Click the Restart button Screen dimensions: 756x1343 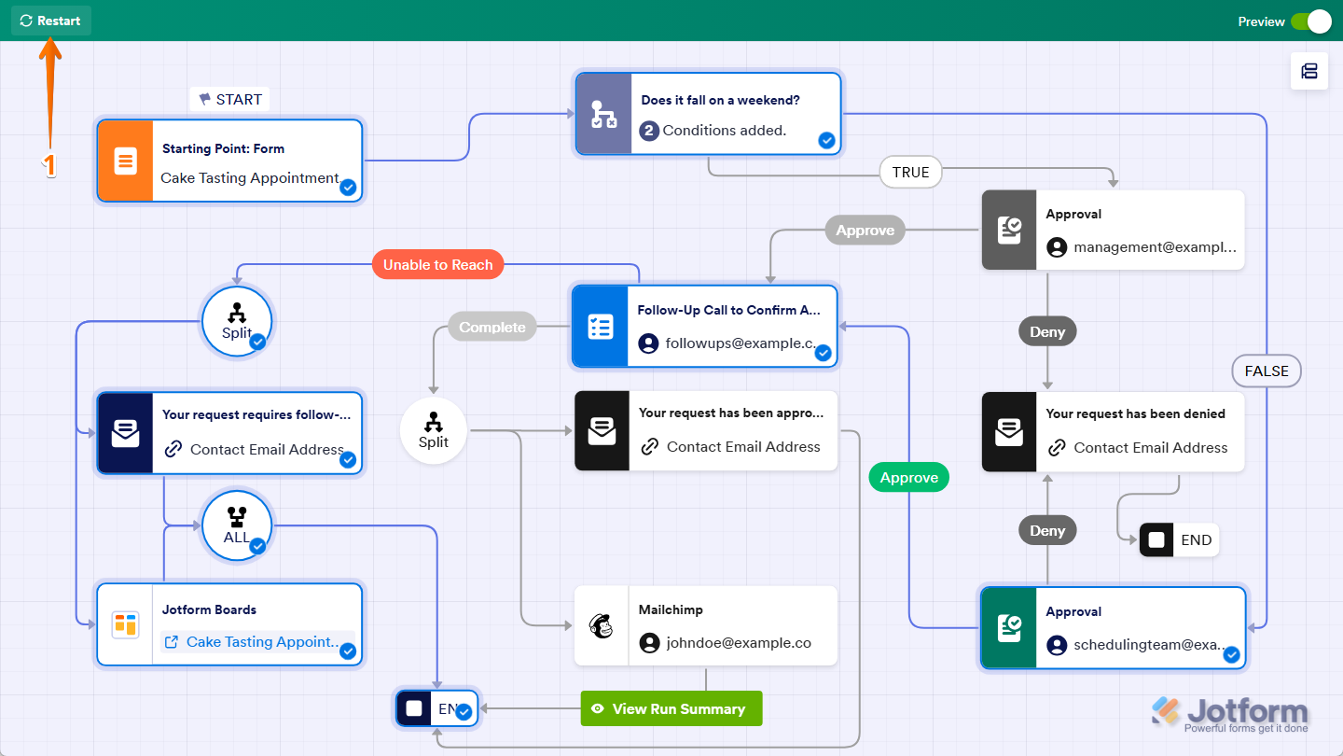click(51, 21)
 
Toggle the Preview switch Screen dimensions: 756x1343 click(1310, 21)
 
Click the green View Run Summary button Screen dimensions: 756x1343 click(671, 708)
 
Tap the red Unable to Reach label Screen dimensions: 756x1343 click(437, 265)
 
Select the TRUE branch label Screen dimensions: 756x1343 click(910, 172)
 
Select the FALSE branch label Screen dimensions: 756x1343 click(1266, 371)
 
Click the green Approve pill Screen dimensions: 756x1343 click(908, 477)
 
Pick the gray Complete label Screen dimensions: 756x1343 click(492, 327)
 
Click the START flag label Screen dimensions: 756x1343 click(230, 99)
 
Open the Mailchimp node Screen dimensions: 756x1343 click(705, 625)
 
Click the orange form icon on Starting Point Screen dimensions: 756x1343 click(125, 161)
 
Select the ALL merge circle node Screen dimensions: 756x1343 click(236, 525)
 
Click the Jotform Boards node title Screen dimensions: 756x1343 click(209, 609)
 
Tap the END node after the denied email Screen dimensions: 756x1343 click(1179, 539)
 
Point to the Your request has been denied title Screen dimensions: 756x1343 click(1135, 413)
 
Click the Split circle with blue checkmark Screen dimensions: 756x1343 click(236, 320)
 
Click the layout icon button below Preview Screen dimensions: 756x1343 click(1308, 71)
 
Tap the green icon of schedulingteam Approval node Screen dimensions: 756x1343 click(1008, 627)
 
